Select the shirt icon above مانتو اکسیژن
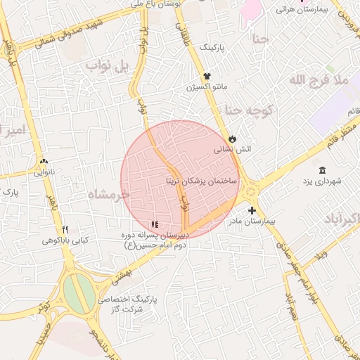(x=207, y=76)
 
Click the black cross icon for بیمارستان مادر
(x=252, y=210)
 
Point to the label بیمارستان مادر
(x=252, y=221)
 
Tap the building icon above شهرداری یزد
(x=322, y=171)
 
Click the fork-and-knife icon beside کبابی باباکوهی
(x=65, y=229)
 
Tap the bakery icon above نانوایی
(x=44, y=160)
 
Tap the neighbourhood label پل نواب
(x=108, y=67)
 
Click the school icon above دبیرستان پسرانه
(x=155, y=225)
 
